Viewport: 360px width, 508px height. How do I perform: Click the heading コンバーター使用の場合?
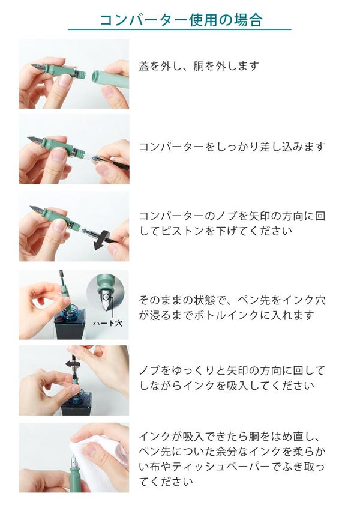[x=181, y=20]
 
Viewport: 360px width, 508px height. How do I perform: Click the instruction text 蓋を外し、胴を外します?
[x=199, y=66]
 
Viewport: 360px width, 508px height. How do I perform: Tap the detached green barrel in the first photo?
[x=110, y=79]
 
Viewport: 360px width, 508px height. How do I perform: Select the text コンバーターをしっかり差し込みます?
[x=232, y=147]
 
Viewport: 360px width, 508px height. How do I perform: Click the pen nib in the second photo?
[x=34, y=141]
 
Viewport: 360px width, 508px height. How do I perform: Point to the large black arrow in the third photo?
[x=104, y=240]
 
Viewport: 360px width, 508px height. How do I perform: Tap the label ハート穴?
[x=107, y=323]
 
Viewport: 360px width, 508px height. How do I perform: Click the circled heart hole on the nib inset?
[x=106, y=297]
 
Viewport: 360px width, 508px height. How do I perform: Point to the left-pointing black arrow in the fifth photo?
[x=72, y=364]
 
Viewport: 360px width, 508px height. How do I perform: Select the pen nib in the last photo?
[x=74, y=462]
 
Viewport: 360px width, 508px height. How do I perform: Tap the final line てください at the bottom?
[x=166, y=482]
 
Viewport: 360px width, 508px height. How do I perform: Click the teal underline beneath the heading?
[x=179, y=29]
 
